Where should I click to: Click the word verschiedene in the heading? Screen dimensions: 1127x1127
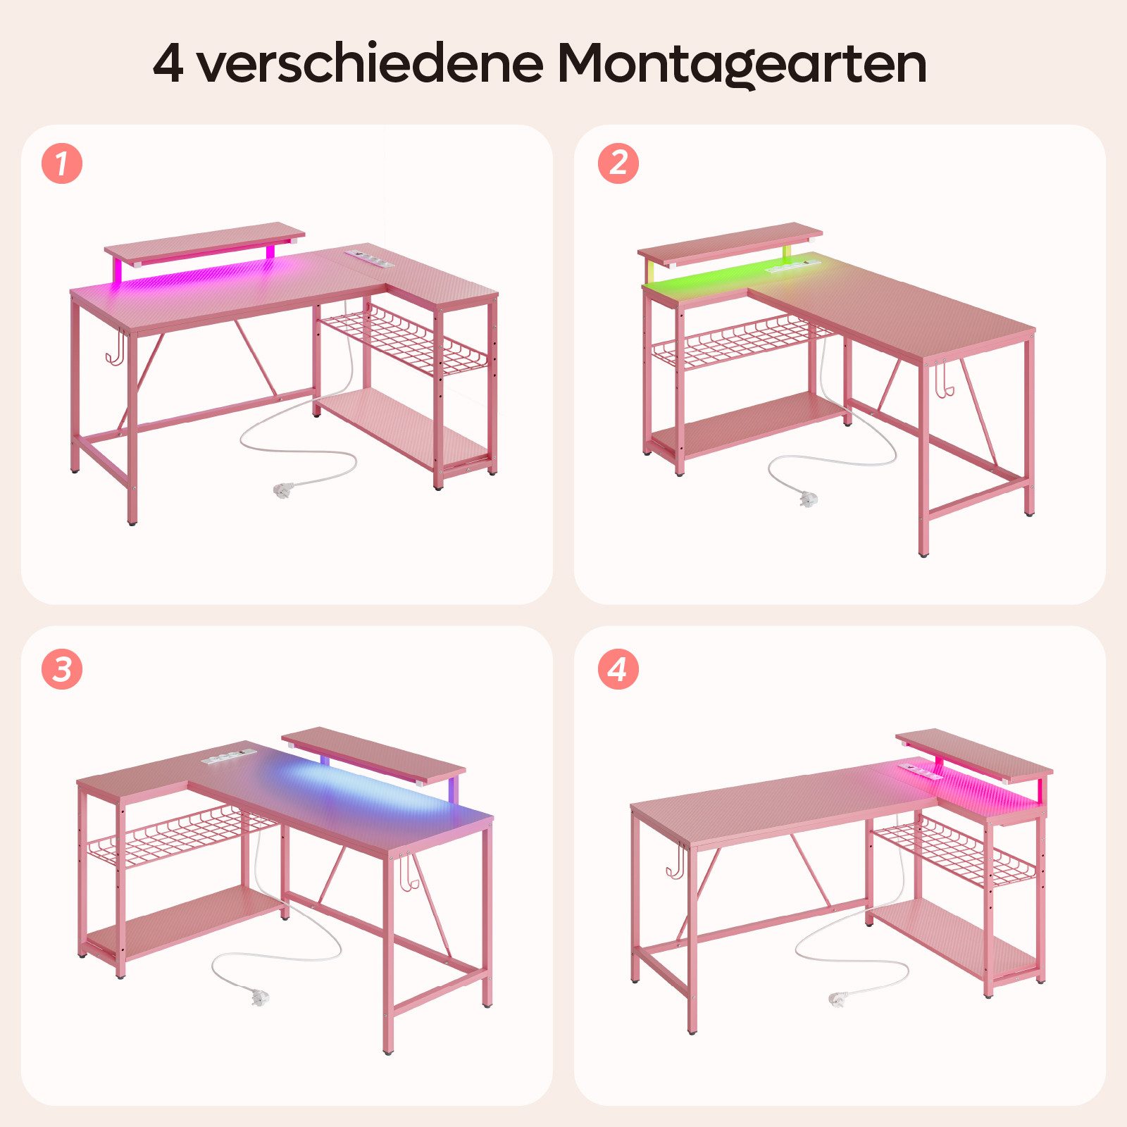370,63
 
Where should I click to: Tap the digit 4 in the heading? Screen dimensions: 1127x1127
168,65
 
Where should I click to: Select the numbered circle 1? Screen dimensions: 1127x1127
62,164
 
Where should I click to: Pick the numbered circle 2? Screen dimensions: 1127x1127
618,164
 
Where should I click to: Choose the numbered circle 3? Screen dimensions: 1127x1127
62,668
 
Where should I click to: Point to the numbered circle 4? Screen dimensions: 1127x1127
618,668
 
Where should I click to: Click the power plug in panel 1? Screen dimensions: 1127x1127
284,487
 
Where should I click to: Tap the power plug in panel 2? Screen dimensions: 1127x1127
808,498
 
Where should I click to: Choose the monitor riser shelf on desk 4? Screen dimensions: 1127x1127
974,754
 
